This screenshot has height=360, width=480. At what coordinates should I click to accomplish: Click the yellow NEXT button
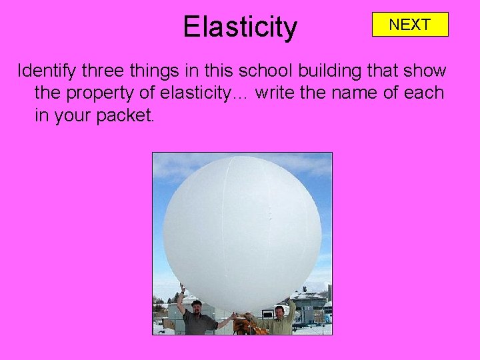(410, 25)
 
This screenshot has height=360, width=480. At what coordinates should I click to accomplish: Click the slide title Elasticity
(240, 27)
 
